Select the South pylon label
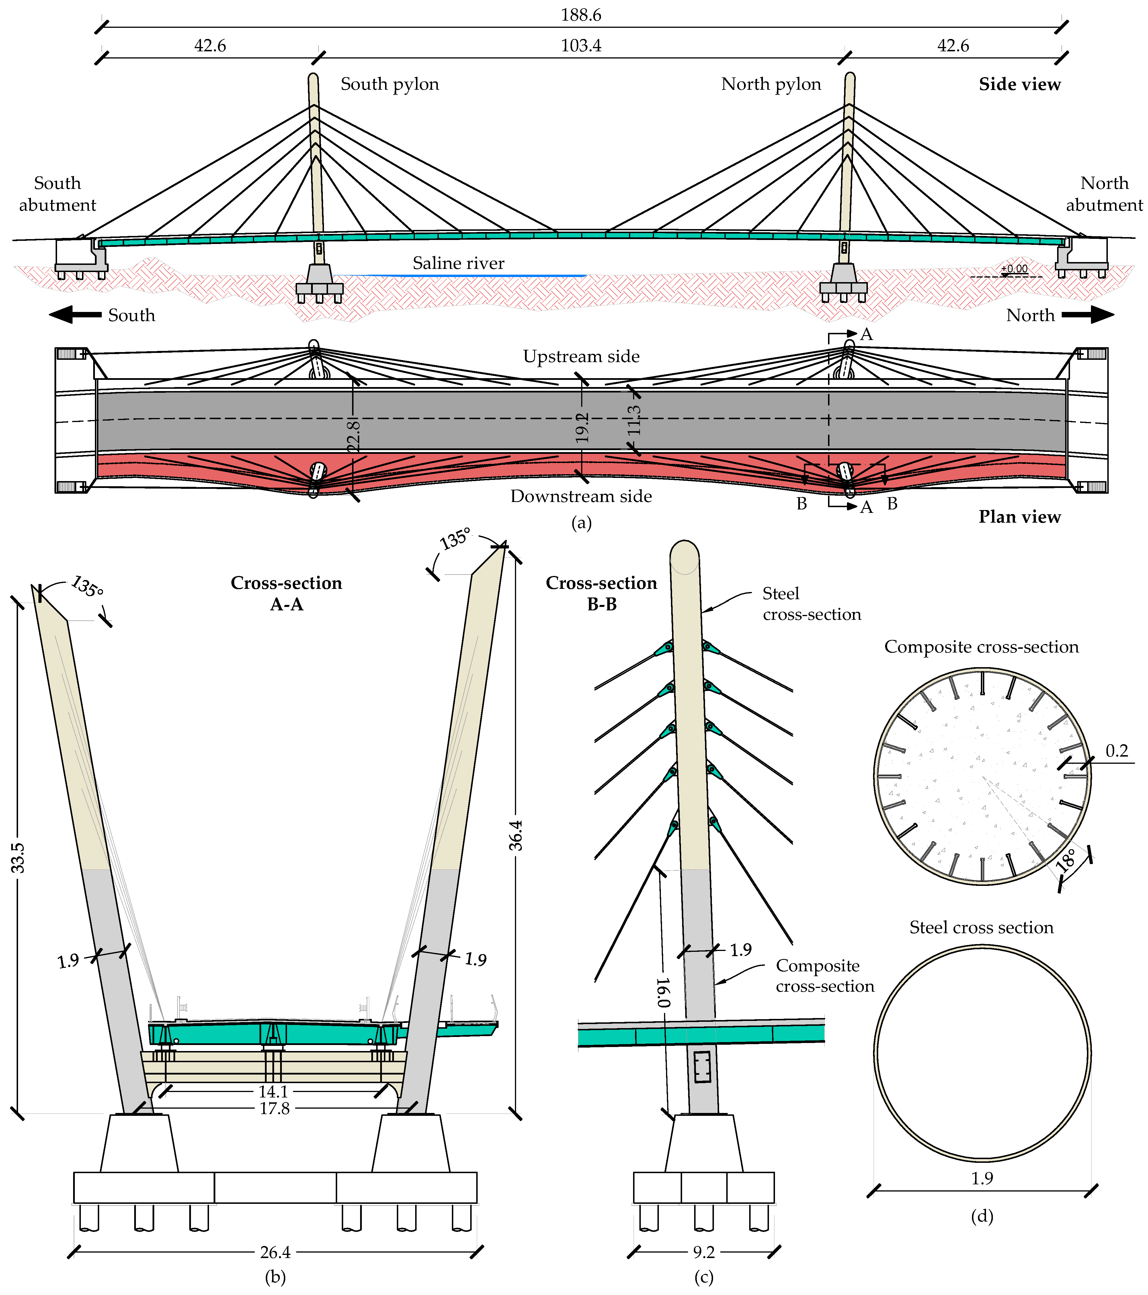pos(390,84)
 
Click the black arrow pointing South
pos(75,315)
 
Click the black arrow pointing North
pos(1088,315)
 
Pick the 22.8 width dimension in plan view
pos(354,436)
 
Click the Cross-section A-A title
pos(286,593)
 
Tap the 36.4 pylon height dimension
pos(516,835)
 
